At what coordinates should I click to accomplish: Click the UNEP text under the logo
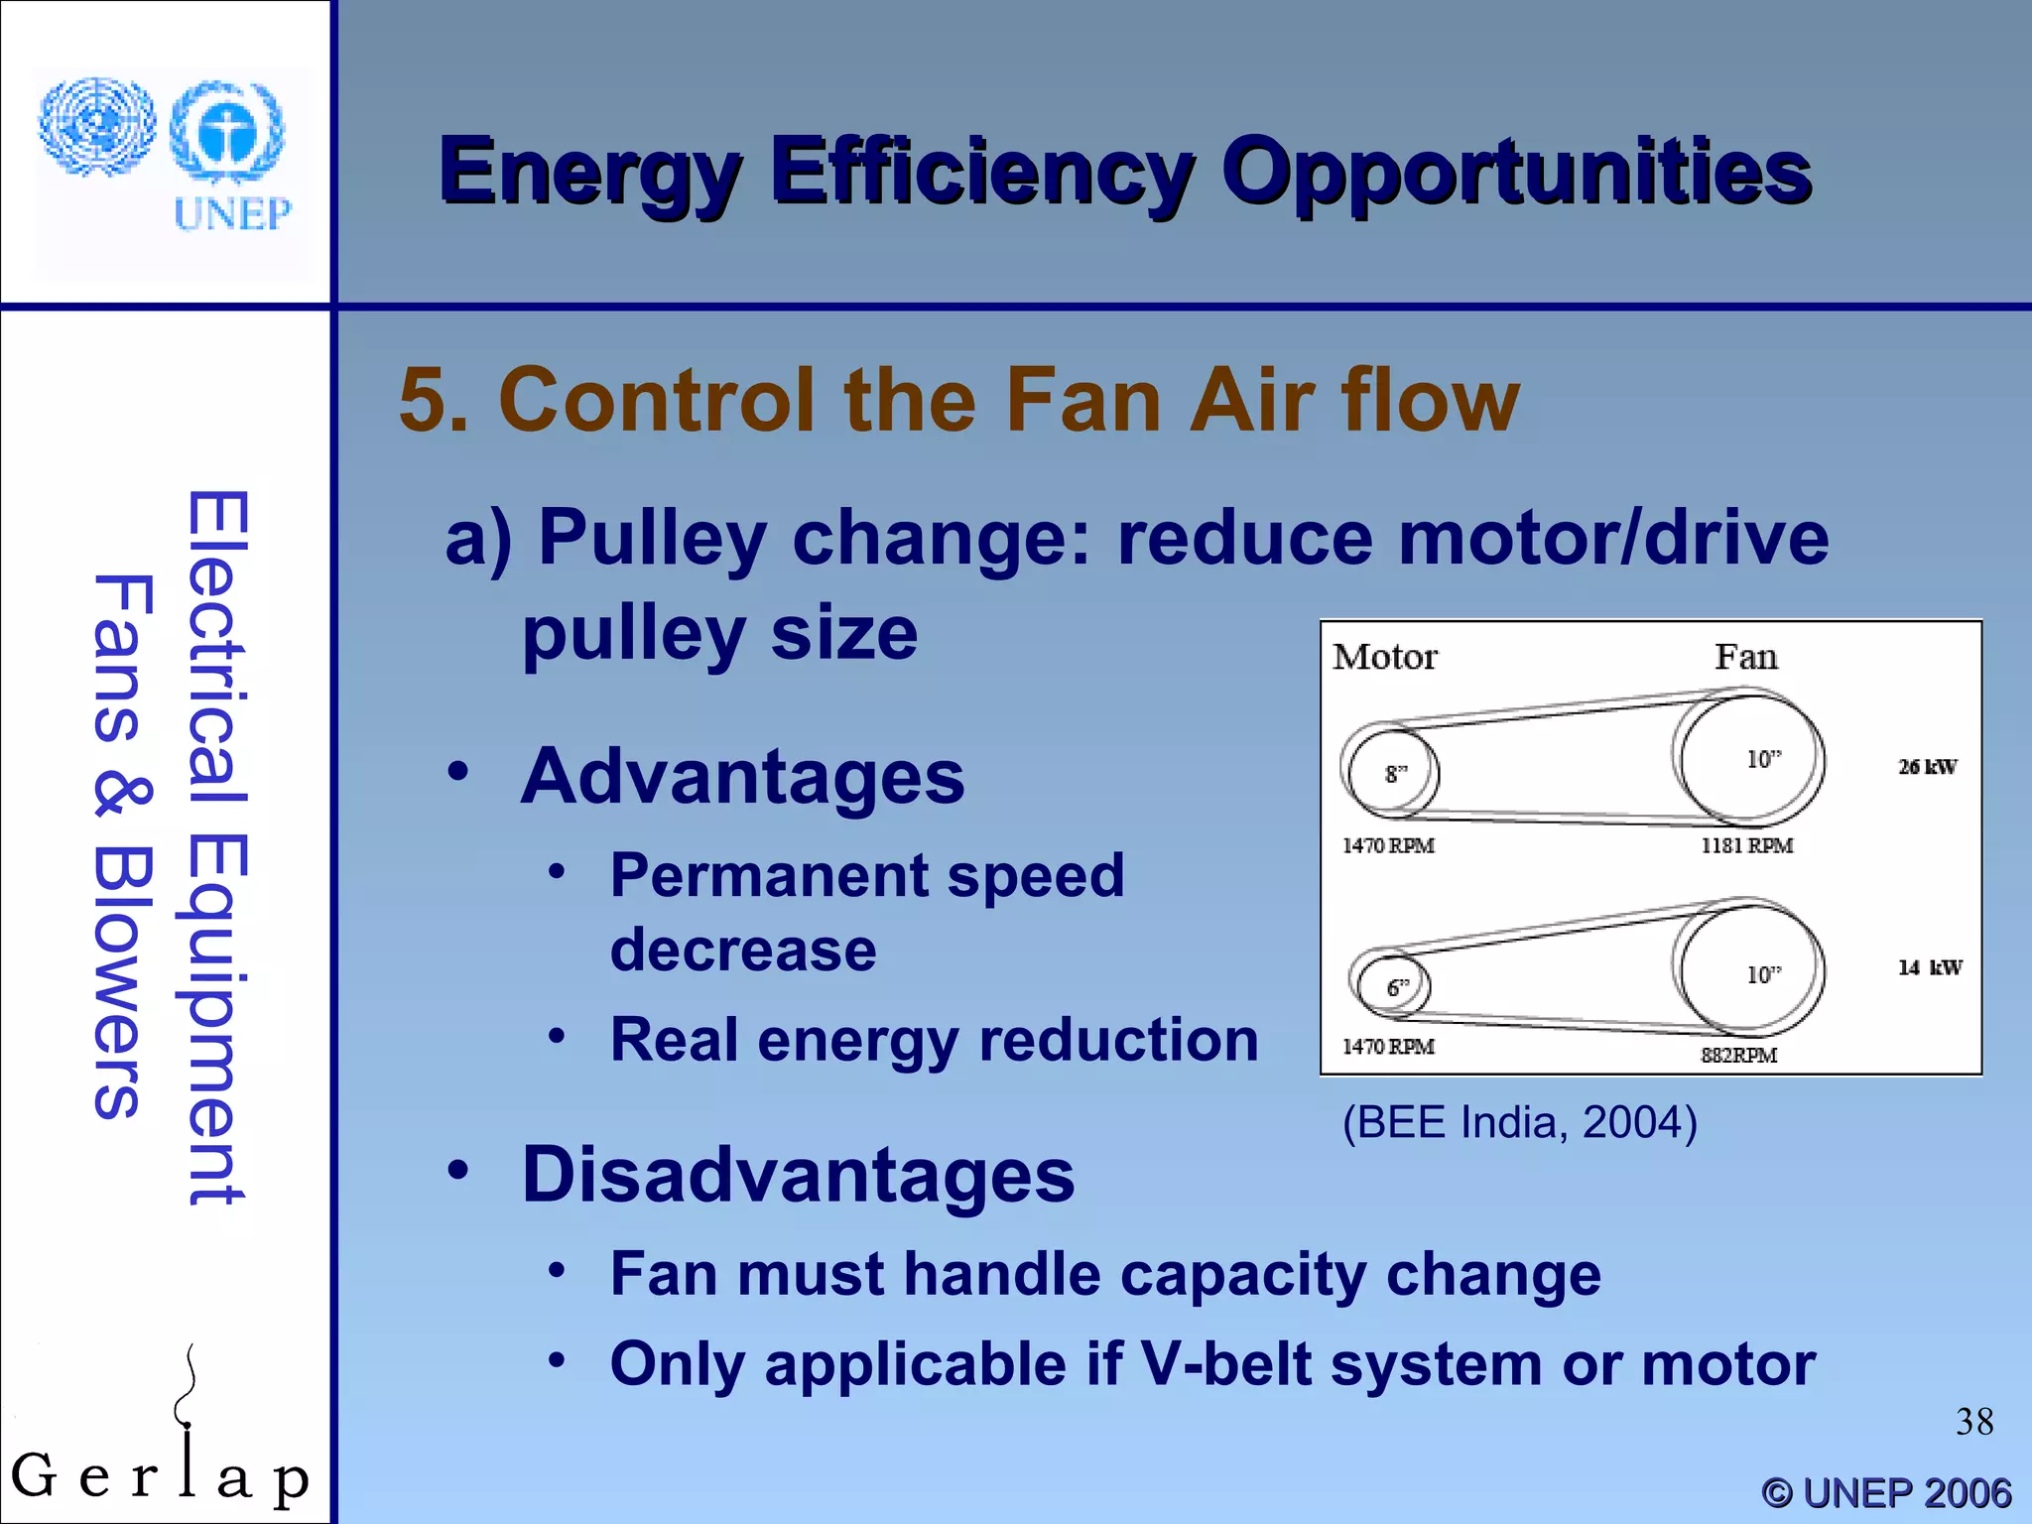[x=232, y=213]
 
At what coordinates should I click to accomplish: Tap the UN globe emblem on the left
[x=96, y=127]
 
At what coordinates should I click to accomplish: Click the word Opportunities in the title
[x=1516, y=172]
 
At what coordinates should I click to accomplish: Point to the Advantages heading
[x=742, y=776]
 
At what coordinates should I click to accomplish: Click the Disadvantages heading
[x=798, y=1175]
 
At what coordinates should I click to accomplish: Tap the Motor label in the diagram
[x=1384, y=657]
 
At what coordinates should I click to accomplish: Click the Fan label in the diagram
[x=1745, y=657]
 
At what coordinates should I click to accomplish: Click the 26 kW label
[x=1927, y=767]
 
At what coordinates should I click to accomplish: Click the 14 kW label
[x=1929, y=967]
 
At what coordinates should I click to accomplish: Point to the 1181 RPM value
[x=1746, y=846]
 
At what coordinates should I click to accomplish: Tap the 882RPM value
[x=1738, y=1056]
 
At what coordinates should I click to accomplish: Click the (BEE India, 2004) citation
[x=1519, y=1123]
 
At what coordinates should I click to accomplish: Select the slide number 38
[x=1973, y=1422]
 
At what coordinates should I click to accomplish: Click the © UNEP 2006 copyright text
[x=1886, y=1493]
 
